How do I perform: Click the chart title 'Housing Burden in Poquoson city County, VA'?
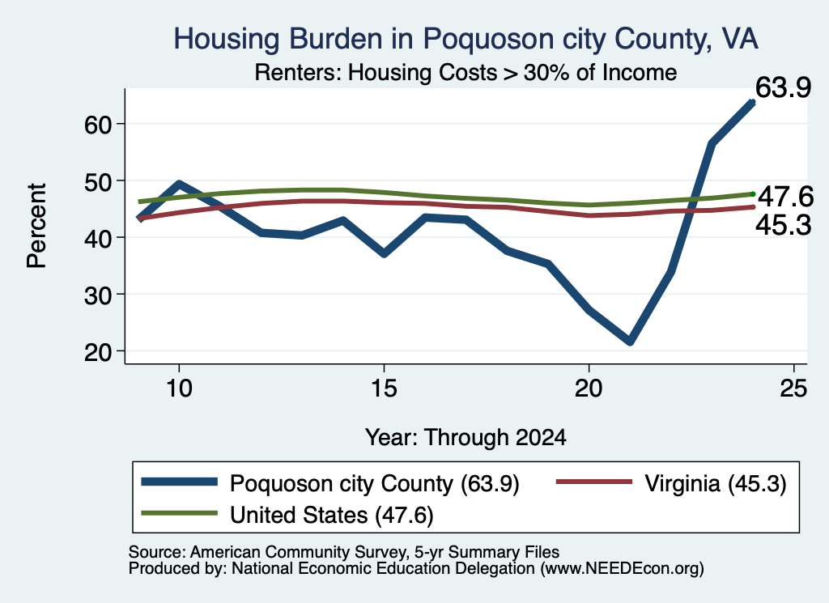(x=466, y=39)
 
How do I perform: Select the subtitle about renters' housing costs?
(x=466, y=72)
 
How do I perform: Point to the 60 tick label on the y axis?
(x=98, y=125)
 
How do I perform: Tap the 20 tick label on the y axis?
(x=98, y=352)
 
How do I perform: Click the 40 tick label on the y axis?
(x=98, y=238)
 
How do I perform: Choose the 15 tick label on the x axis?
(x=384, y=389)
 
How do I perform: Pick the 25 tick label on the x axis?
(x=793, y=389)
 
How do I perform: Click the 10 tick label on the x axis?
(x=179, y=389)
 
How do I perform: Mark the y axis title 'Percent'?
(x=37, y=226)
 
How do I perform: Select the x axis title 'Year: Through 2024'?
(x=466, y=438)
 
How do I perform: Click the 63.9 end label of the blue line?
(x=783, y=87)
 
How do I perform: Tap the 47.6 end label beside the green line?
(x=785, y=197)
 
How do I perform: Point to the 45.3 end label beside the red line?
(x=783, y=226)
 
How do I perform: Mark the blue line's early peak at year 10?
(x=179, y=185)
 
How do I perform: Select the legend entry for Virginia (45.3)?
(x=671, y=483)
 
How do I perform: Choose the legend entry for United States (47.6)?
(x=287, y=515)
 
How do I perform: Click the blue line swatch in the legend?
(x=179, y=482)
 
